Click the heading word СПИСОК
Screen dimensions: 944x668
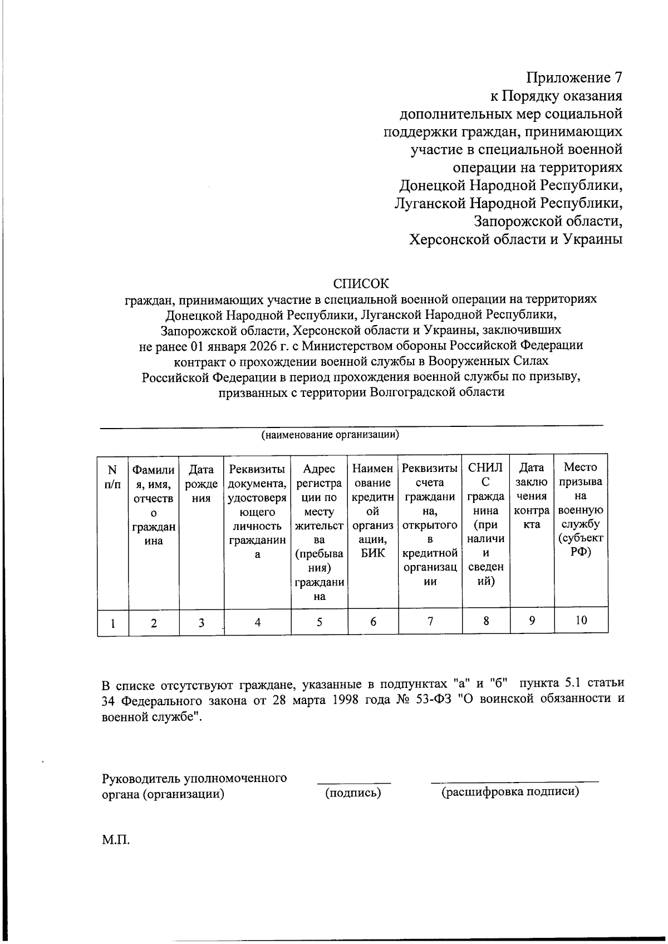click(361, 283)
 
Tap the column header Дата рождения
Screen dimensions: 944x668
click(201, 483)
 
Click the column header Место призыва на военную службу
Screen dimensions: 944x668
click(581, 509)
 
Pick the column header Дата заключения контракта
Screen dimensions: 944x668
click(532, 496)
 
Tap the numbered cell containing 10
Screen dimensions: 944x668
click(581, 620)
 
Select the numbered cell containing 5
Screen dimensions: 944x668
click(319, 622)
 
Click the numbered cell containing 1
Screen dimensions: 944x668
click(112, 623)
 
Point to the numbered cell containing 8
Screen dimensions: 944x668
click(485, 621)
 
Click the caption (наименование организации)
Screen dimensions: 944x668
click(331, 435)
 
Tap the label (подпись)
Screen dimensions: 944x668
click(353, 793)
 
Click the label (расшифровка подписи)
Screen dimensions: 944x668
click(510, 792)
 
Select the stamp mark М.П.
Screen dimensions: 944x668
click(116, 840)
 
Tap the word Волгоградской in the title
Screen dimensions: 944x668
click(411, 392)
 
